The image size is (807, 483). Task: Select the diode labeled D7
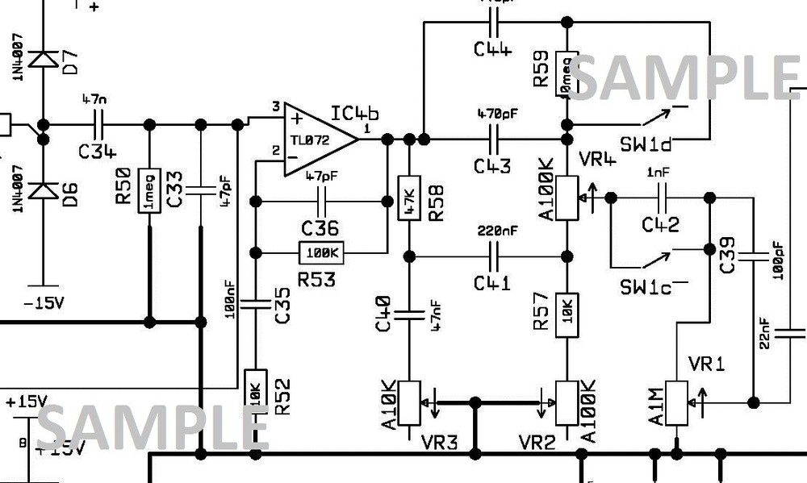click(x=42, y=60)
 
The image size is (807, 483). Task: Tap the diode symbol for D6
click(x=42, y=190)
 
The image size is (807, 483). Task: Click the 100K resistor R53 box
click(x=323, y=253)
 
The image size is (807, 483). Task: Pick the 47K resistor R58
click(x=408, y=196)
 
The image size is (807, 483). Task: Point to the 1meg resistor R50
click(x=149, y=191)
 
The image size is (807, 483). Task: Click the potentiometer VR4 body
click(x=567, y=197)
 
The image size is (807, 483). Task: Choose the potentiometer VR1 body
click(x=675, y=398)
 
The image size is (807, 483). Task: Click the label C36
click(x=320, y=228)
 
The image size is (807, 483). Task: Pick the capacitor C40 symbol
click(x=408, y=313)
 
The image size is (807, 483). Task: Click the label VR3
click(x=440, y=442)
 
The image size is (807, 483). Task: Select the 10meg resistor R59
click(x=567, y=74)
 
